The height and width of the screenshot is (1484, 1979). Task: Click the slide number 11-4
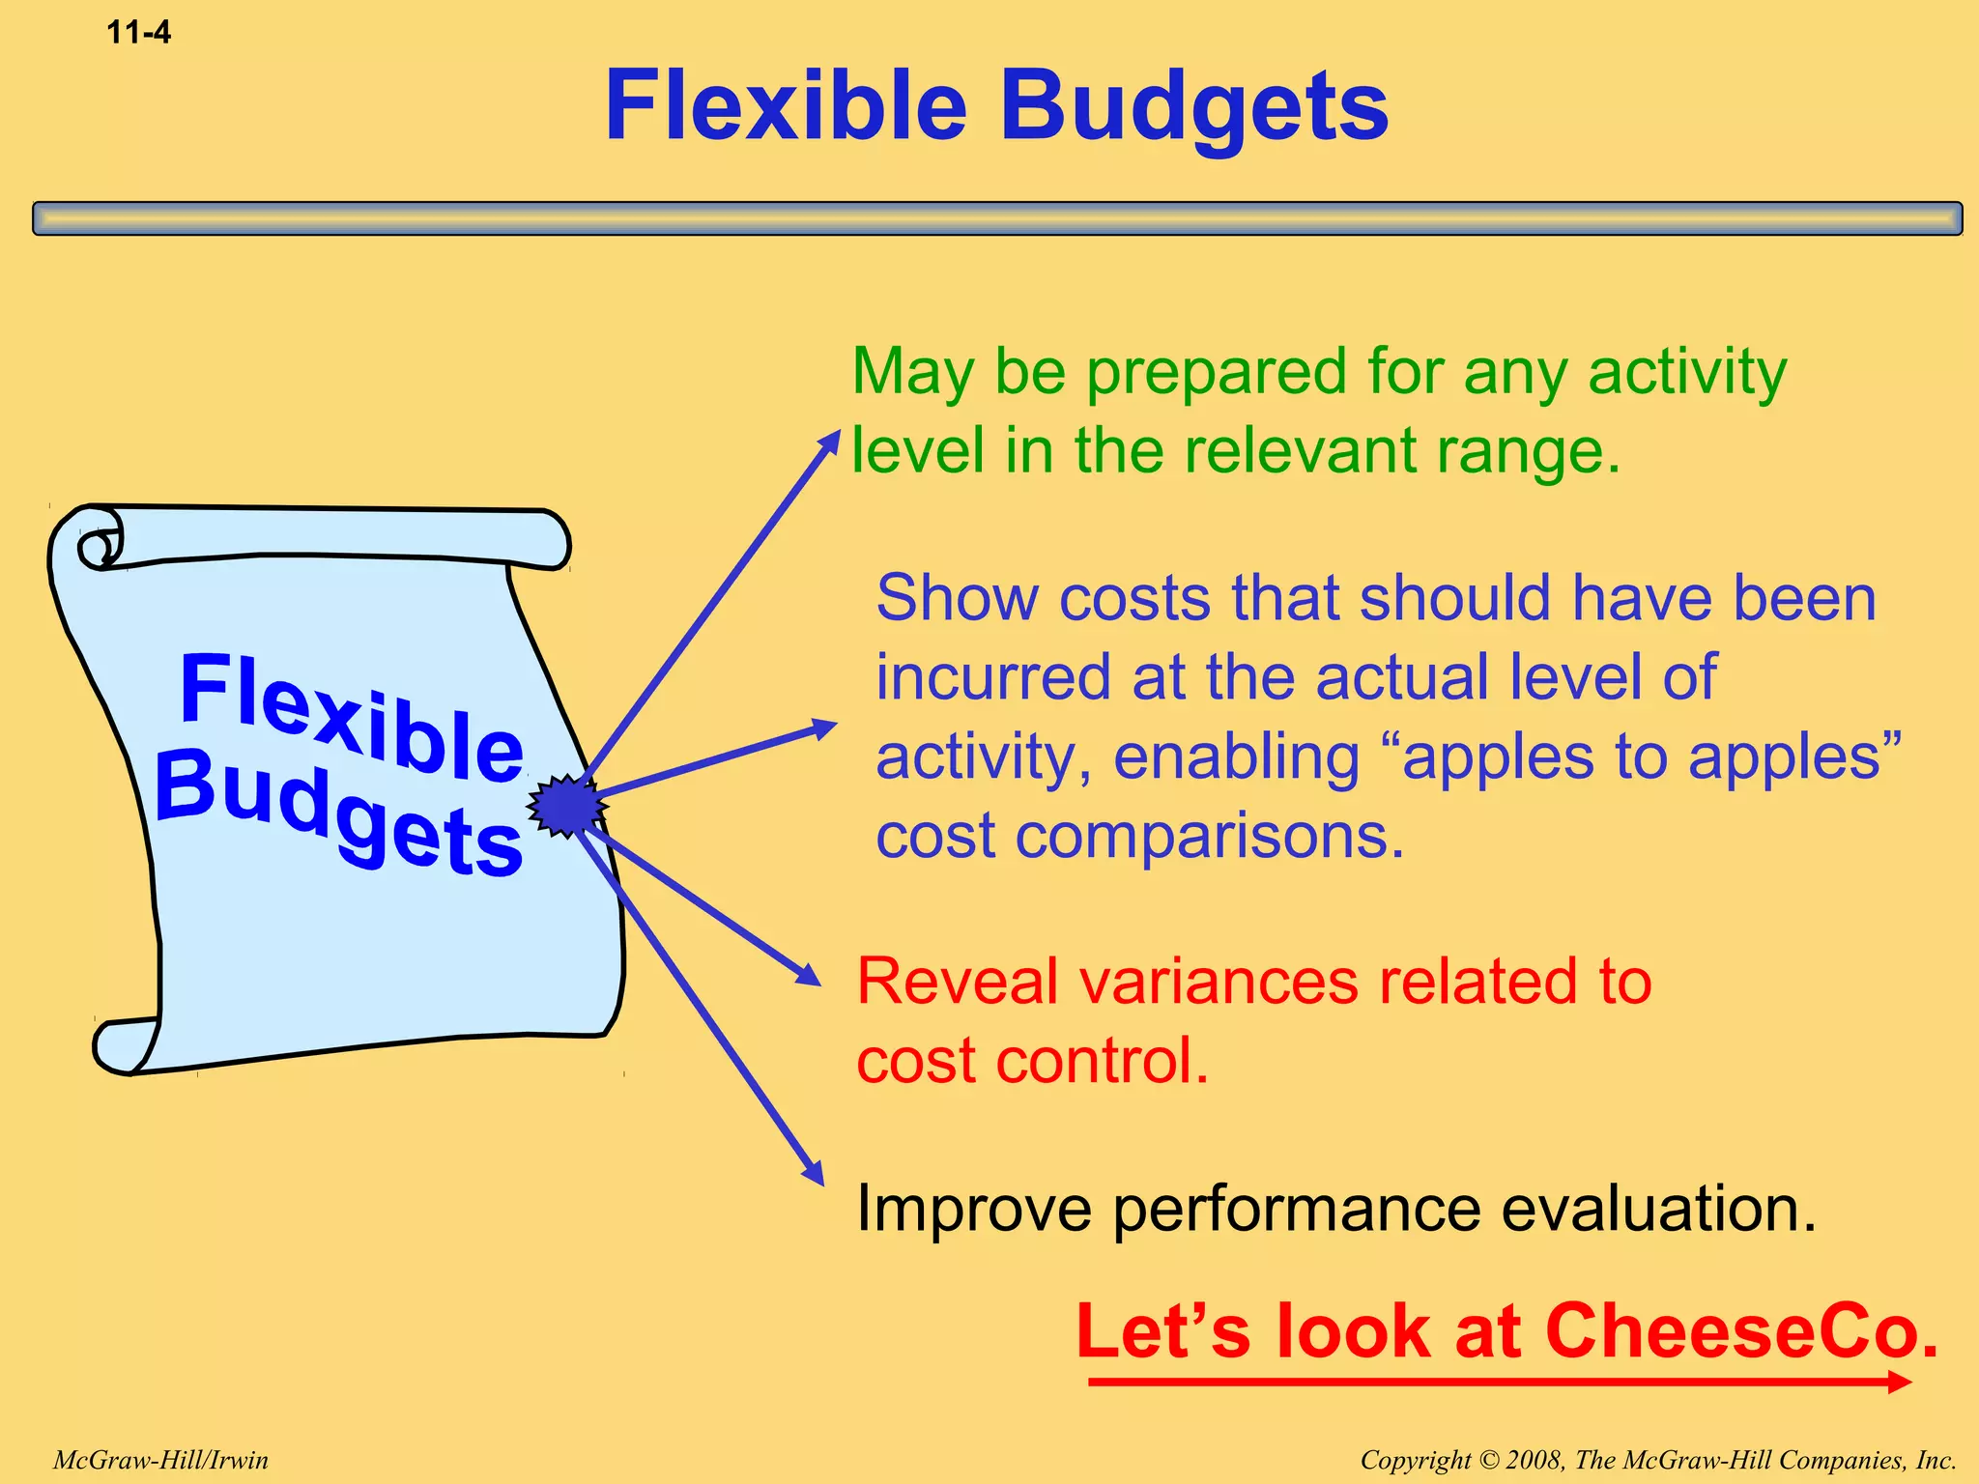pos(138,32)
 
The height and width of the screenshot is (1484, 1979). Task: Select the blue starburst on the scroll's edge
pos(566,805)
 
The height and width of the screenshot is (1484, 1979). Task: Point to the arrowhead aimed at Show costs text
pos(823,728)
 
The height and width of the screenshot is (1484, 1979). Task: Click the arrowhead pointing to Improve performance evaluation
pos(814,1173)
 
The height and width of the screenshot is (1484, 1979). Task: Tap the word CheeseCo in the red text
pos(1741,1331)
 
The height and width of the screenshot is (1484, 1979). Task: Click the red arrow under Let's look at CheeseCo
pos(1498,1383)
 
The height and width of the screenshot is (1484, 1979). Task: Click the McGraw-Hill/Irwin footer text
pos(160,1460)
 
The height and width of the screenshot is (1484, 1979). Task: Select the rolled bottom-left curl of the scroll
pos(121,1047)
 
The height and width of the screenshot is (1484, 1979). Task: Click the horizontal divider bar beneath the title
pos(997,218)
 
